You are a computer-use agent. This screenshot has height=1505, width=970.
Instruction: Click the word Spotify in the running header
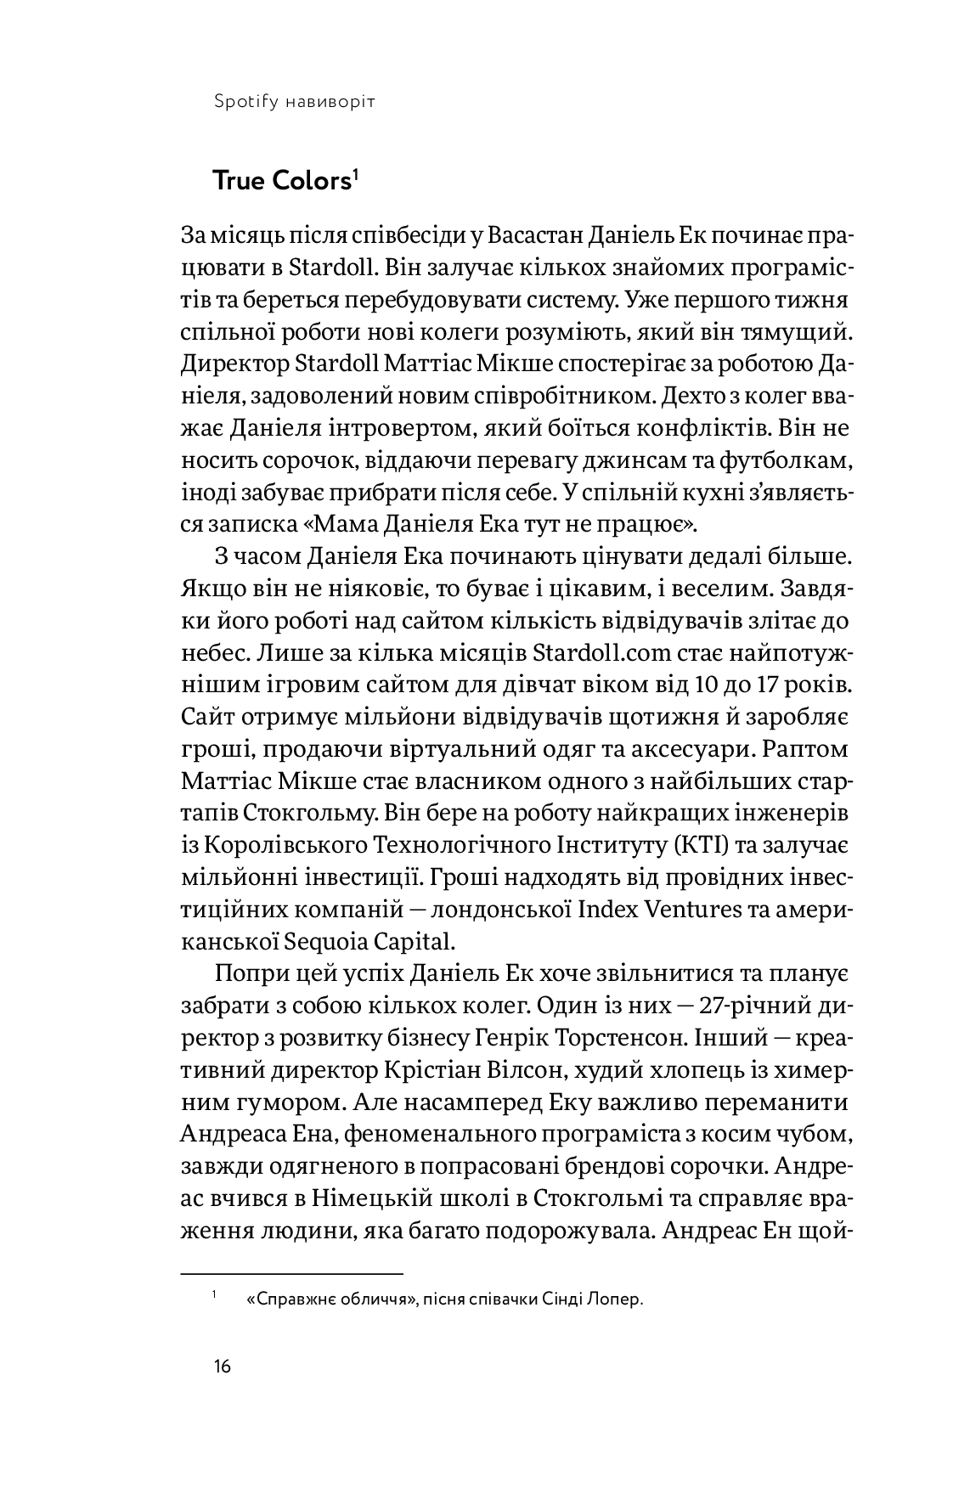[241, 102]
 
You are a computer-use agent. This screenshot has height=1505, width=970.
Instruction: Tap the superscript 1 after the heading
[357, 174]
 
